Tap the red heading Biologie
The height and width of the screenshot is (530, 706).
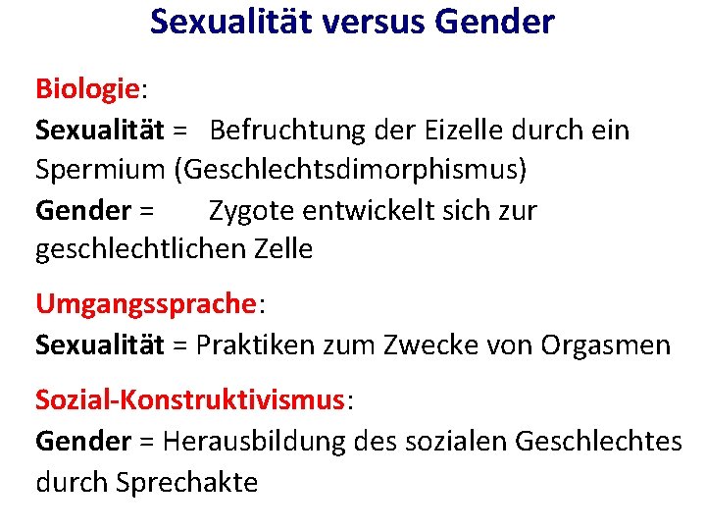(88, 89)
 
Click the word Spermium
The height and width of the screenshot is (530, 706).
(100, 170)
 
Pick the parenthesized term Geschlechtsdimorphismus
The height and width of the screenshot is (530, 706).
(351, 170)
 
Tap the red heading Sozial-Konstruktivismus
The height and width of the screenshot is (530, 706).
(190, 399)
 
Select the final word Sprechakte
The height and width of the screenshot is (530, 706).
(186, 482)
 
